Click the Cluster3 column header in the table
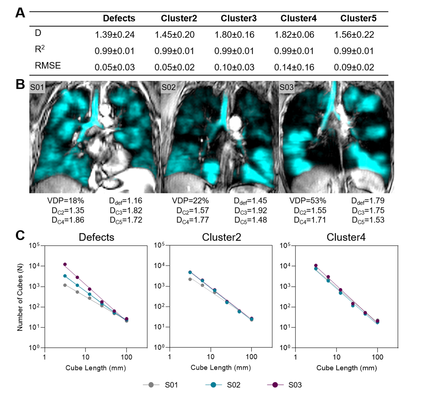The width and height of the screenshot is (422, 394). click(238, 18)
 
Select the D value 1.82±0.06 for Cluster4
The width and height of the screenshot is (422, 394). click(294, 35)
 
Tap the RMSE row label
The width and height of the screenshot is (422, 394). click(48, 66)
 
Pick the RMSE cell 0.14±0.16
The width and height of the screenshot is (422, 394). click(294, 67)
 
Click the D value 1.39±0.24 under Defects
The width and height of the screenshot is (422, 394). click(115, 35)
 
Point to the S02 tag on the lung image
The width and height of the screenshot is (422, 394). click(169, 87)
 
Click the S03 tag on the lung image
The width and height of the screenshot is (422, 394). click(286, 87)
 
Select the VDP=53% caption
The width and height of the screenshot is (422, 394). click(307, 201)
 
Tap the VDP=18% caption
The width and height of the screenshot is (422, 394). click(66, 201)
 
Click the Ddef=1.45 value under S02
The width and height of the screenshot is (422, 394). click(250, 201)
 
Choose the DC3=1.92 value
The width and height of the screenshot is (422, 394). click(251, 211)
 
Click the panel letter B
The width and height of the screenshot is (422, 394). click(20, 84)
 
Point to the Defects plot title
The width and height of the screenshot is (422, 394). click(96, 237)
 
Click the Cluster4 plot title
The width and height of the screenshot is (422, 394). click(346, 237)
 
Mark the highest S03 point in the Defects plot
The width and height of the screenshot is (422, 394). click(65, 264)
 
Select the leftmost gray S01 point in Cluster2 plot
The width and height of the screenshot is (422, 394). click(190, 279)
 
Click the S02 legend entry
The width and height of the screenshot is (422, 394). click(233, 385)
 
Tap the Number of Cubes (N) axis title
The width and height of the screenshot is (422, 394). click(20, 297)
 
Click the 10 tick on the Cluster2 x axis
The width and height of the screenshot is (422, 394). click(210, 357)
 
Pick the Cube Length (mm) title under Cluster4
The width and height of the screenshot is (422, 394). click(346, 368)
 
